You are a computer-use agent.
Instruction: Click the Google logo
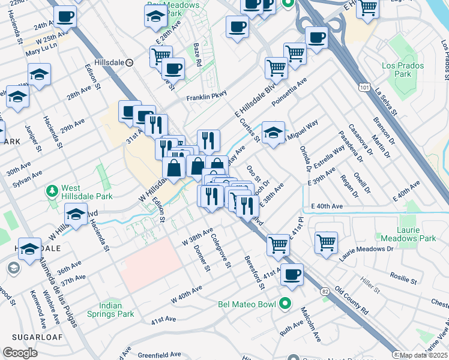(x=20, y=353)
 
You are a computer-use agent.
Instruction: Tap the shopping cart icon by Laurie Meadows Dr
(x=326, y=242)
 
